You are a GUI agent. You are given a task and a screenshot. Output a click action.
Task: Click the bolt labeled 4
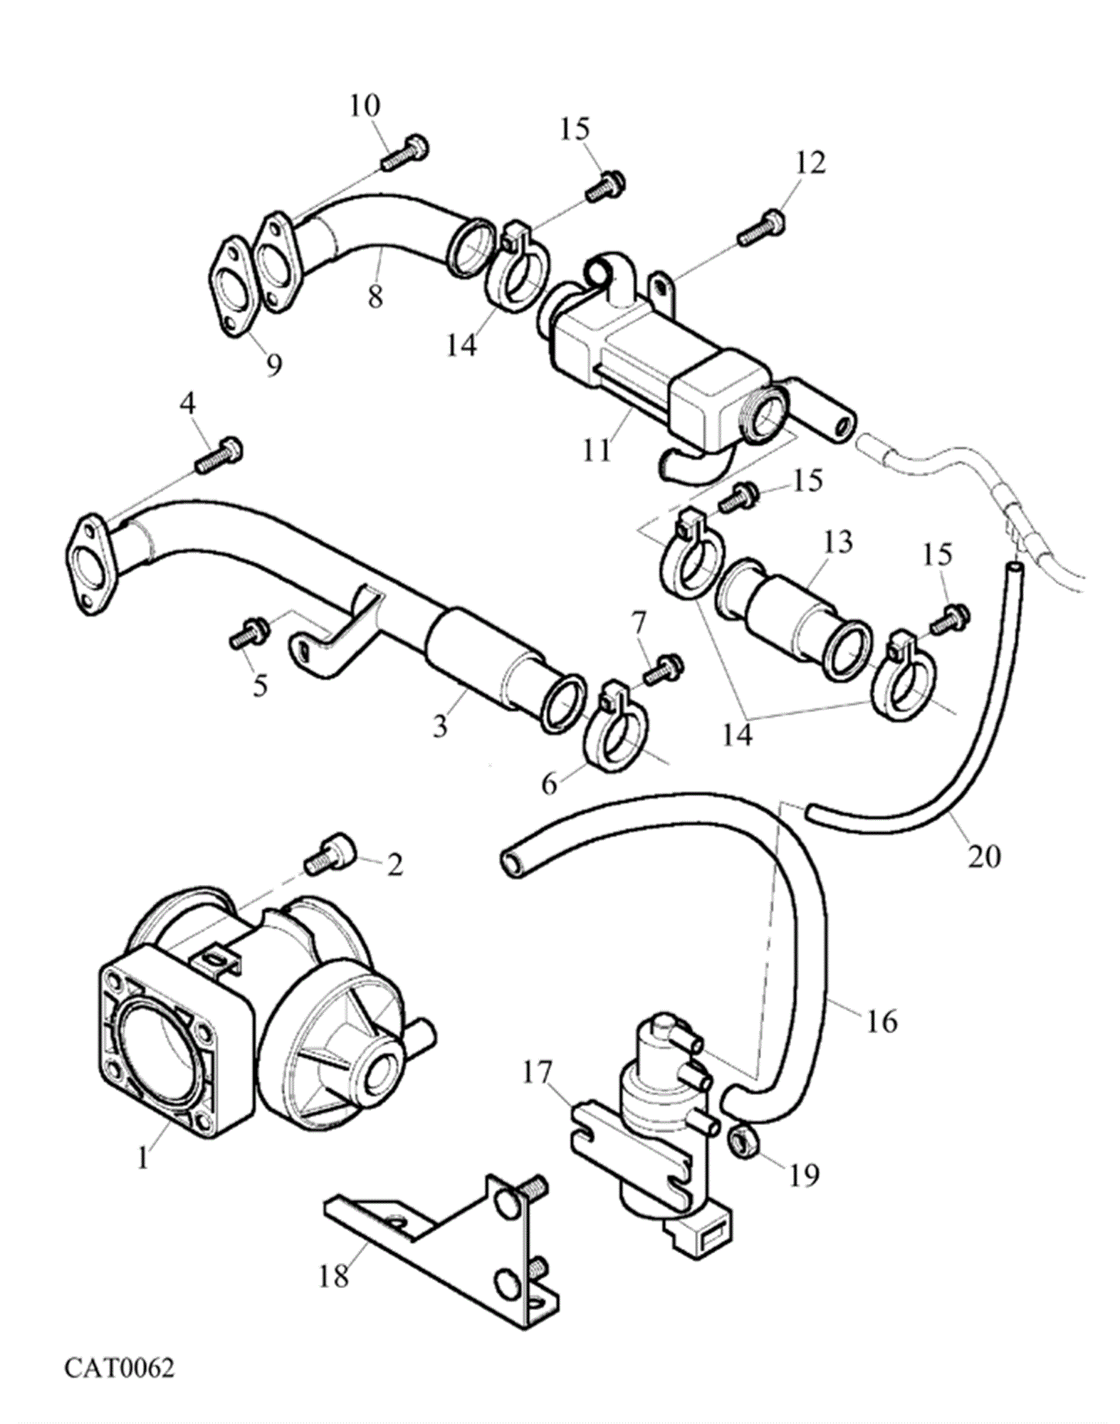(219, 456)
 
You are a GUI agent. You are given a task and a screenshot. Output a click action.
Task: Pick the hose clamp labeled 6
(615, 728)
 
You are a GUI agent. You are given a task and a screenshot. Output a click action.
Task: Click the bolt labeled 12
(762, 228)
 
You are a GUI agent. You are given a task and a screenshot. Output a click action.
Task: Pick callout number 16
(881, 1022)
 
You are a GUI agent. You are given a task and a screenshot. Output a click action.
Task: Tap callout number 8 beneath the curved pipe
(375, 296)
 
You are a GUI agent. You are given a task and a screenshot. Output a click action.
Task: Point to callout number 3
(440, 728)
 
